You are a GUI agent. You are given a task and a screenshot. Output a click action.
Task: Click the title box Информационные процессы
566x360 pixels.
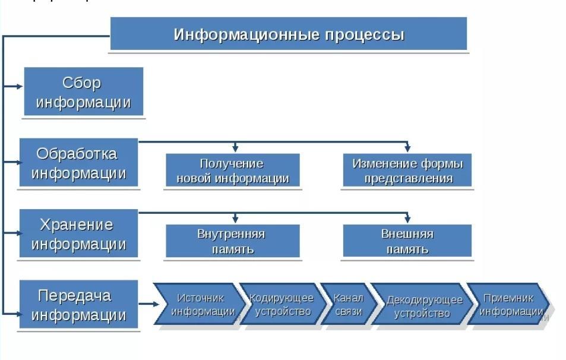click(x=289, y=34)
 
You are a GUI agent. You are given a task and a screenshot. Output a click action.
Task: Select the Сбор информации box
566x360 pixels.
click(x=84, y=92)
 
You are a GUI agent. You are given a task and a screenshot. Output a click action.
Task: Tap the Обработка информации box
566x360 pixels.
click(x=78, y=163)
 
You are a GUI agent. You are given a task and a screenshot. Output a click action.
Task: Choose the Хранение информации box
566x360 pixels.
click(x=78, y=234)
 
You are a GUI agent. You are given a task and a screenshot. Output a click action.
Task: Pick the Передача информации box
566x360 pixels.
click(x=78, y=305)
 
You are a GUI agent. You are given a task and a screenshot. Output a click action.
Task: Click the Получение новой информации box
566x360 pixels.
click(x=232, y=170)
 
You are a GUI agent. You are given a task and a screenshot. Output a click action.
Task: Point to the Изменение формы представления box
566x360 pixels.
click(x=407, y=170)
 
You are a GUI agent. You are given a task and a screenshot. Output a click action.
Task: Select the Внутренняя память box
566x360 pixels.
click(x=232, y=241)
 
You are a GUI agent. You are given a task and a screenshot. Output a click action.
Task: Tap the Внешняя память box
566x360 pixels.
click(x=407, y=241)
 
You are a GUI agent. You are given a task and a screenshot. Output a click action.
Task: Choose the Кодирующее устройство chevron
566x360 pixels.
click(x=282, y=304)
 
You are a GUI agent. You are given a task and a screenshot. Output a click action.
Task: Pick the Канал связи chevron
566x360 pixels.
click(x=349, y=304)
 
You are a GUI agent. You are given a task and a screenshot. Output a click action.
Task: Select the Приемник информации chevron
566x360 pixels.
click(x=510, y=304)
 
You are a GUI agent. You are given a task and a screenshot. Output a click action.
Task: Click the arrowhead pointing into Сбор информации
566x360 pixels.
click(x=20, y=86)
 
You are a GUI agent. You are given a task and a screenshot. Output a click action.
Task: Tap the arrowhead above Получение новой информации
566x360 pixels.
click(x=236, y=149)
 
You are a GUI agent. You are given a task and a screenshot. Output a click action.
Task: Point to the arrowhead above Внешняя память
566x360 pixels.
click(x=407, y=219)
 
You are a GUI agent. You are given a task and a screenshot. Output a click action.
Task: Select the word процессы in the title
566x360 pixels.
click(x=364, y=34)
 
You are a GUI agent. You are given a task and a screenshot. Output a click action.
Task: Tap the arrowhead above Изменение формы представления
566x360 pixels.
click(x=407, y=149)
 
